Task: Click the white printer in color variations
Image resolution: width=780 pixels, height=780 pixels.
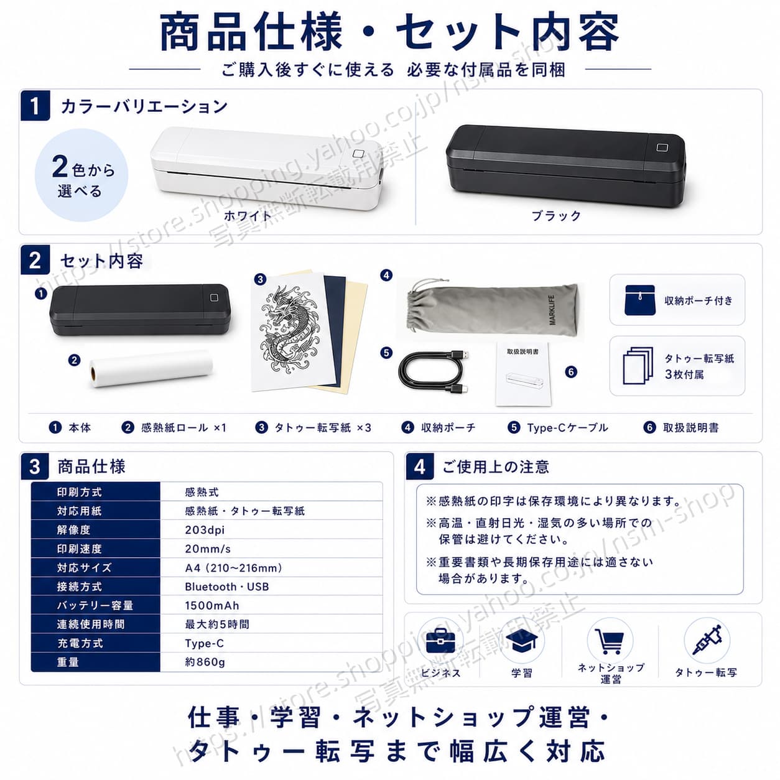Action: coord(266,169)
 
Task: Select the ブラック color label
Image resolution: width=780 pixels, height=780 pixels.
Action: coord(556,216)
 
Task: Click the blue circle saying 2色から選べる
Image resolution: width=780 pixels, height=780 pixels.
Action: coord(81,175)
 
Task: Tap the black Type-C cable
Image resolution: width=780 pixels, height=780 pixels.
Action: coord(434,370)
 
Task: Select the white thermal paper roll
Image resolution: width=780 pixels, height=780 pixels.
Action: coord(151,368)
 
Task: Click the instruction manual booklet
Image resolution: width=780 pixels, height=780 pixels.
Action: coord(522,374)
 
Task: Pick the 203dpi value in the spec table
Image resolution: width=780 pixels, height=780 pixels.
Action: coord(205,530)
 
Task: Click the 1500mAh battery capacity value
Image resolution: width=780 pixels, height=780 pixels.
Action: coord(211,606)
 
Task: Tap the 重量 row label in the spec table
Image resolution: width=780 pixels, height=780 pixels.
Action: coord(68,662)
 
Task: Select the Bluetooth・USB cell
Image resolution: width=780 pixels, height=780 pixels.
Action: coord(226,587)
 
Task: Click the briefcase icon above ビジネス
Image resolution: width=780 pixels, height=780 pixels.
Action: coord(440,641)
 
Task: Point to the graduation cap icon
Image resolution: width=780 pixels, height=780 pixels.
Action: coord(522,641)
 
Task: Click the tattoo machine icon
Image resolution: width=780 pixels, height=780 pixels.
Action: coord(707,640)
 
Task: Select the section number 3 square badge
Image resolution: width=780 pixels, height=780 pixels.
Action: coord(35,467)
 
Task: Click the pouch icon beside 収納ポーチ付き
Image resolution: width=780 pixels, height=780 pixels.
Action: coord(639,300)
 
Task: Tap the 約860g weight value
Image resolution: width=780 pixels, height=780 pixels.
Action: coord(205,662)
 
